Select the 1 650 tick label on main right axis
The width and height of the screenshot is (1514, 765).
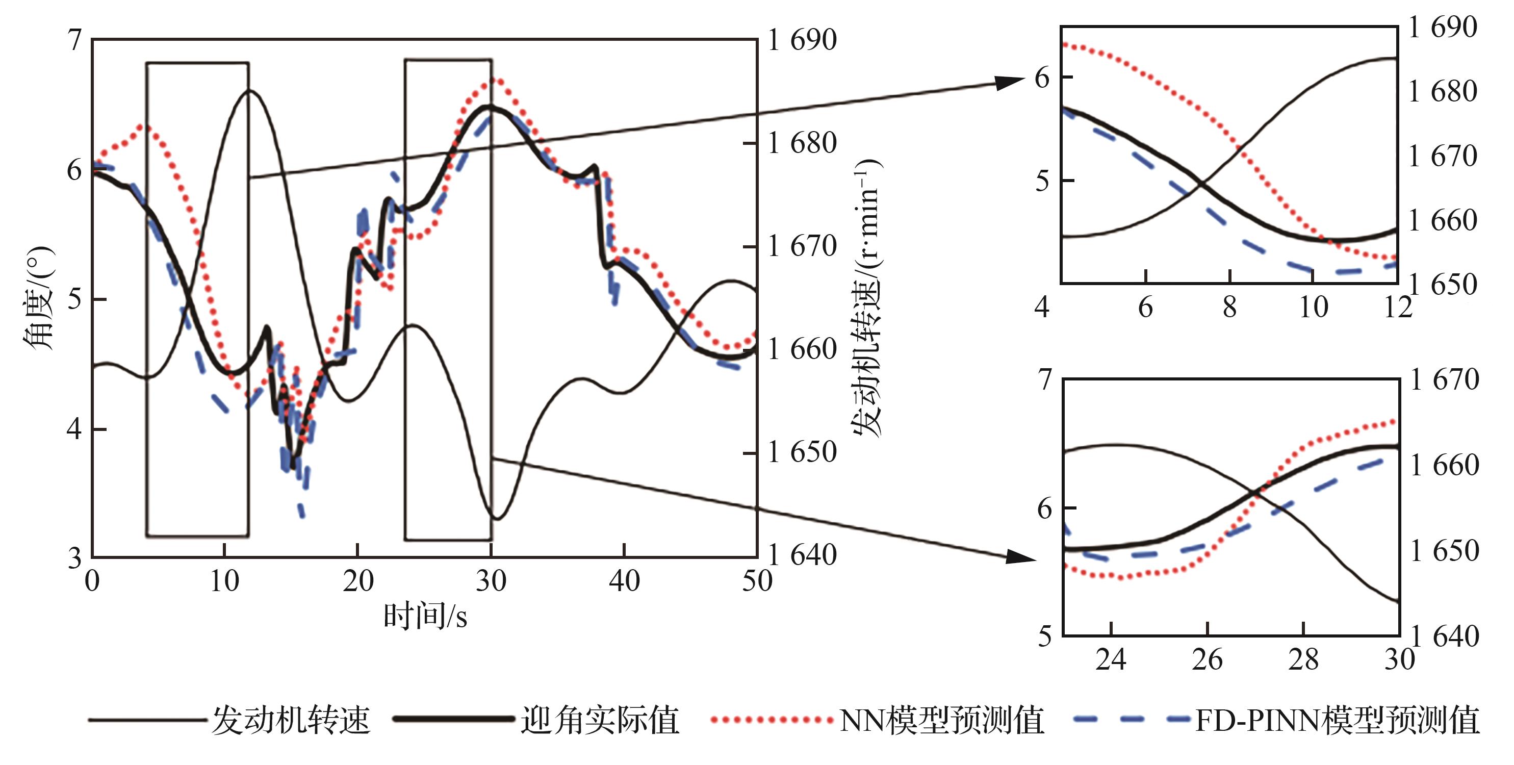(802, 452)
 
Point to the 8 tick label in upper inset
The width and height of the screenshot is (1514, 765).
(1229, 308)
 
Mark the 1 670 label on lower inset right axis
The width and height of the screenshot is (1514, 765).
(1445, 380)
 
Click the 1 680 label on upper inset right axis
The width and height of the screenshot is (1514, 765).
(1443, 92)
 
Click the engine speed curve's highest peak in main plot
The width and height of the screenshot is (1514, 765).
(250, 90)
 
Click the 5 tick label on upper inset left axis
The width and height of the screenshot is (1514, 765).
(1042, 181)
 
